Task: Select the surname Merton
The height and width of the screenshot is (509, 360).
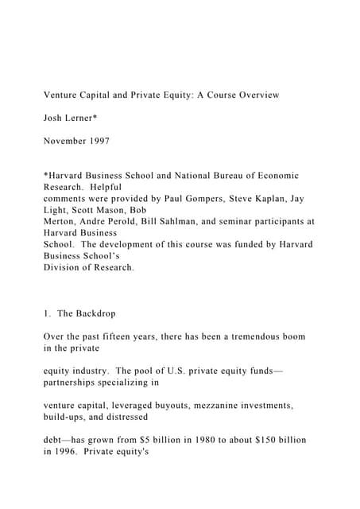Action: tap(64, 223)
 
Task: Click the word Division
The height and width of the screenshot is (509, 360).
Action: tap(64, 268)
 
